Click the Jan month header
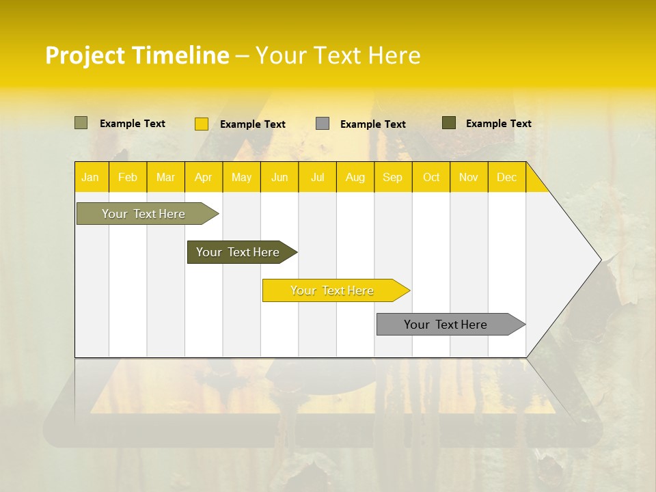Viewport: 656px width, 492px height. (90, 178)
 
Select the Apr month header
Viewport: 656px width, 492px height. (203, 178)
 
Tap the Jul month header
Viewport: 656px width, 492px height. (317, 178)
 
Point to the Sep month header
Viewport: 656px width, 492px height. (392, 178)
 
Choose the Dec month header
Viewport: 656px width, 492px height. (506, 178)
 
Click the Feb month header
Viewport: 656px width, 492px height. (128, 178)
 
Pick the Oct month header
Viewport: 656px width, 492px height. (431, 178)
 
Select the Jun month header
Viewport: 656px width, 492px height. (279, 178)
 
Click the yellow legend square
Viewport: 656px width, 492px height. (202, 124)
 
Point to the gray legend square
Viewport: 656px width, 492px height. (323, 124)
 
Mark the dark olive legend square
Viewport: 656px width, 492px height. (449, 123)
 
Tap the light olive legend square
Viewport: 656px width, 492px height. (81, 123)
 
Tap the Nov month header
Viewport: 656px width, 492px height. (469, 178)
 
